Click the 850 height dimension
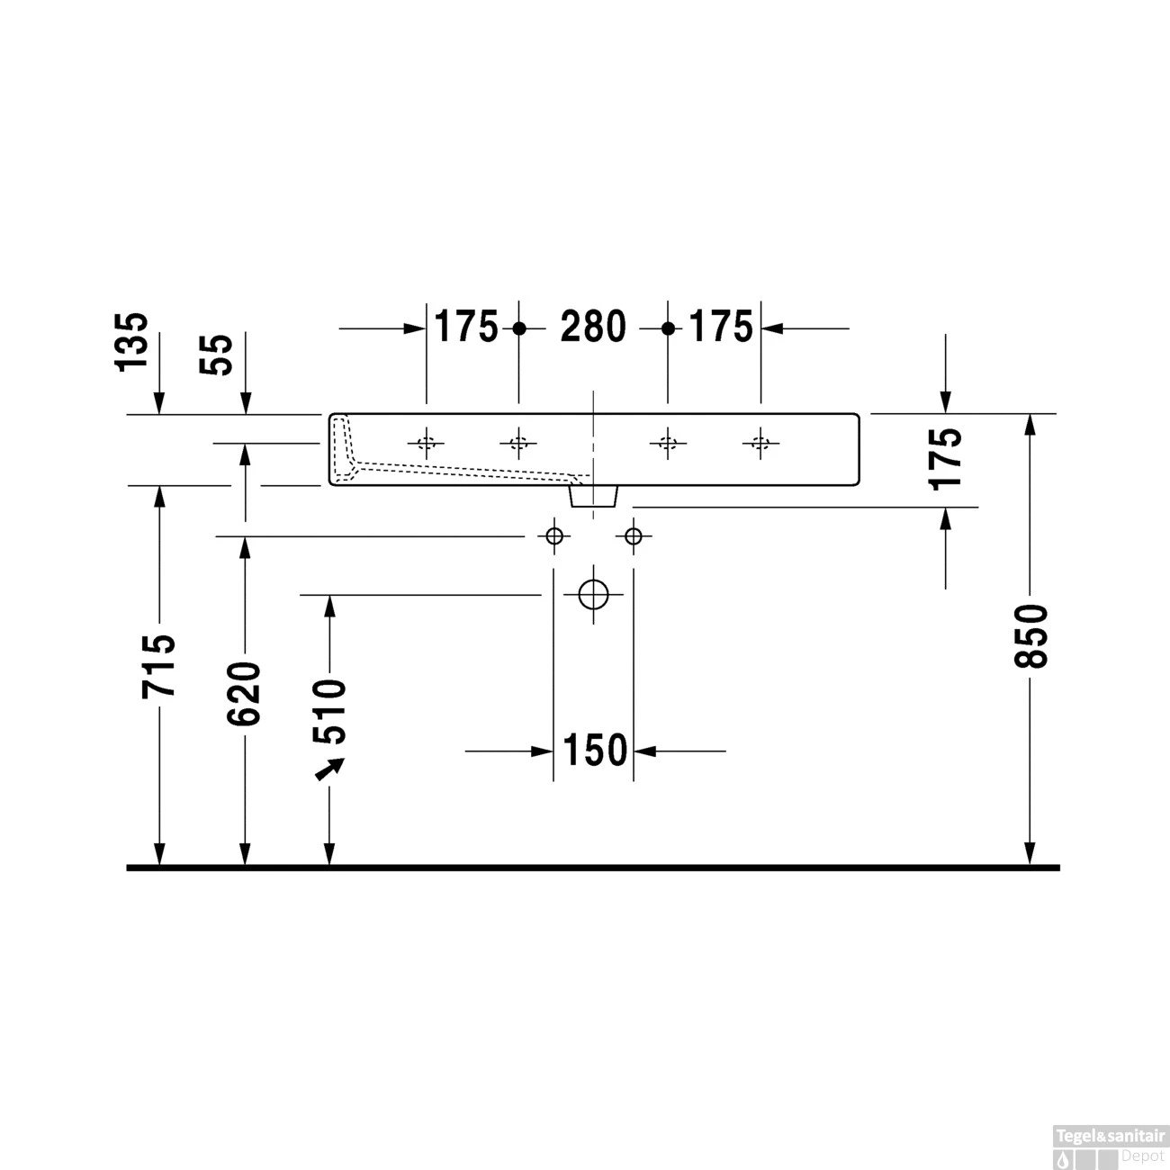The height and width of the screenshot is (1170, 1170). (1031, 635)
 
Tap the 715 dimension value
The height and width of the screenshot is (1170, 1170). (158, 666)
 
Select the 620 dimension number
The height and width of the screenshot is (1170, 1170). (244, 693)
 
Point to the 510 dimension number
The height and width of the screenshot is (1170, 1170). (329, 712)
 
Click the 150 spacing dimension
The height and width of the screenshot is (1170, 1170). (594, 751)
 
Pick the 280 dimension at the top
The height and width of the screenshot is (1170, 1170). (593, 327)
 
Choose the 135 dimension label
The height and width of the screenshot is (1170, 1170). (131, 341)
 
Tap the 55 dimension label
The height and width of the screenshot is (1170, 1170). (216, 355)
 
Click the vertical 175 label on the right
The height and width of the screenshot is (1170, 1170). (945, 458)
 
